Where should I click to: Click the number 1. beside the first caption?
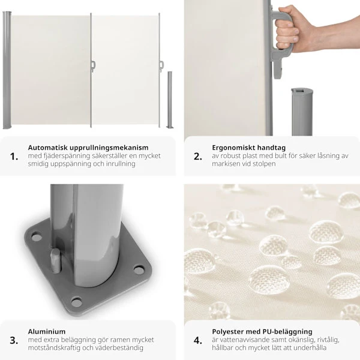pos(14,157)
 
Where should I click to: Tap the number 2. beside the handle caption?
pos(198,157)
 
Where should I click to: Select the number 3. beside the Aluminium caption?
pos(14,340)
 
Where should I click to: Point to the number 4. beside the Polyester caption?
pos(198,340)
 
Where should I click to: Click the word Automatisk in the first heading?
pos(47,148)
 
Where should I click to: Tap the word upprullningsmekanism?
pos(109,148)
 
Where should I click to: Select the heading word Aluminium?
pos(47,332)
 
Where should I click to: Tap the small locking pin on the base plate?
pos(56,260)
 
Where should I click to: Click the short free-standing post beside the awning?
pos(170,100)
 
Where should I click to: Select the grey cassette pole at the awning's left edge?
pos(7,70)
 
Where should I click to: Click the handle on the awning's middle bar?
pos(93,67)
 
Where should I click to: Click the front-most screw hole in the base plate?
pos(76,302)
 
